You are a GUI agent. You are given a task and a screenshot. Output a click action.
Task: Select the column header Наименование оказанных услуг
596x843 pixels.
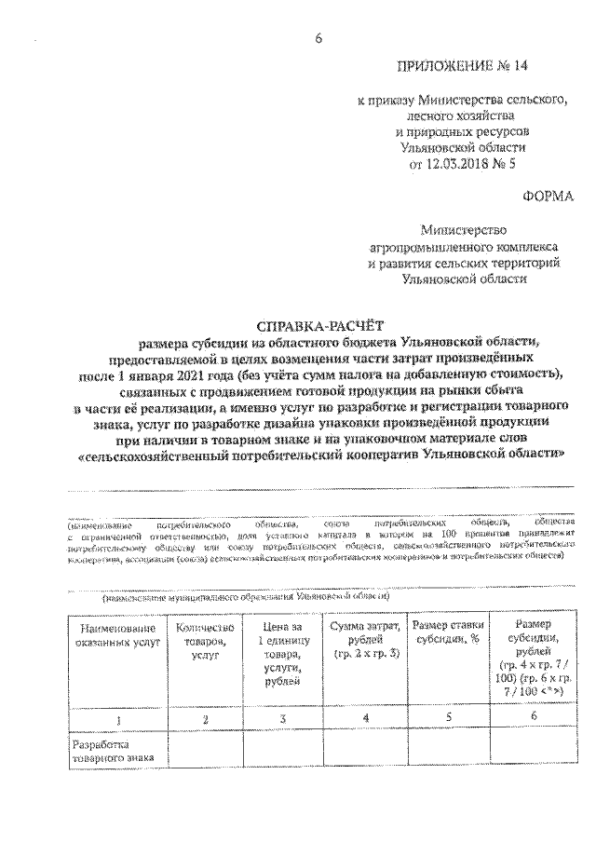tap(105, 634)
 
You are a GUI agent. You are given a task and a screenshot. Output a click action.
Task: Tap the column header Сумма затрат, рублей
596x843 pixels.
tap(365, 640)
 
